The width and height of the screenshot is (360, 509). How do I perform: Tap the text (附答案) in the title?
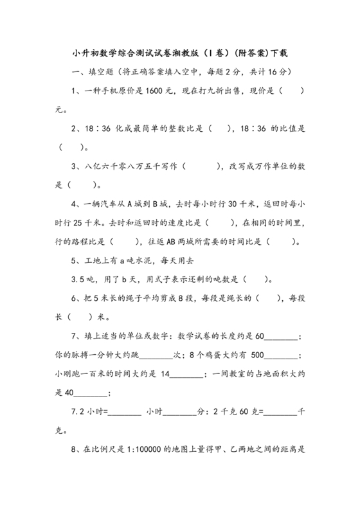(248, 52)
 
